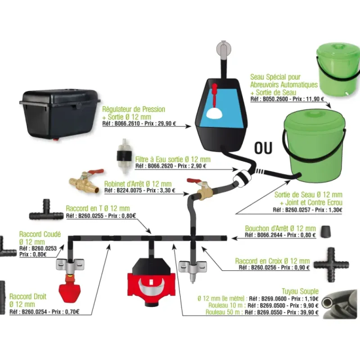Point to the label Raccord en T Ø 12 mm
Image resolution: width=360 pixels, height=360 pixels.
(x=98, y=208)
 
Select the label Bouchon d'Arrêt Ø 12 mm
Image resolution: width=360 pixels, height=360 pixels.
(x=280, y=228)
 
